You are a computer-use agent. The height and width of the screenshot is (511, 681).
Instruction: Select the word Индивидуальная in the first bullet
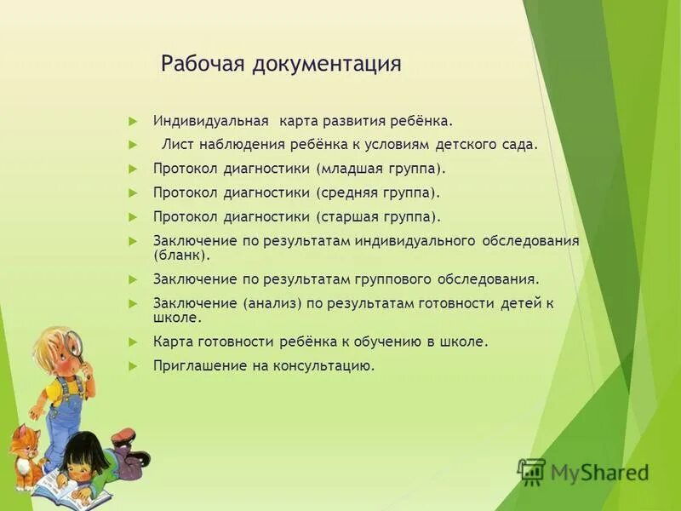(x=211, y=121)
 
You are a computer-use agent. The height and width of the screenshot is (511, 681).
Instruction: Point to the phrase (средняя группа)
(x=378, y=192)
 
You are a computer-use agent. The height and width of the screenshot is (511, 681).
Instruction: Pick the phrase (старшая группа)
(x=378, y=217)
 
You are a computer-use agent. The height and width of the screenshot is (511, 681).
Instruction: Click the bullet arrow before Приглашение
(x=133, y=365)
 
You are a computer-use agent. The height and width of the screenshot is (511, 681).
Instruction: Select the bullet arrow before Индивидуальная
(x=133, y=121)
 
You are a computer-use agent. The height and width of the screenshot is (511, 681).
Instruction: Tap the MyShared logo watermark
(x=584, y=471)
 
